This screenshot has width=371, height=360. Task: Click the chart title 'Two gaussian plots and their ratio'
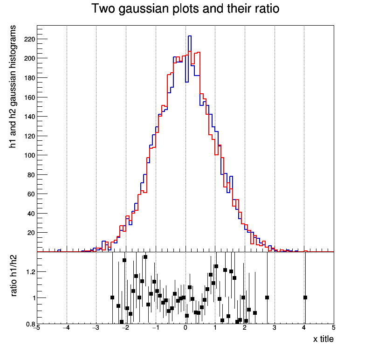click(x=185, y=9)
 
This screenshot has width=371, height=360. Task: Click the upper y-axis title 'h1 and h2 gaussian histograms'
click(x=14, y=87)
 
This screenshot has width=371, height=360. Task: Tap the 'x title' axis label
click(x=323, y=339)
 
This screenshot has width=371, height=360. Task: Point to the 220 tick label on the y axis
click(x=30, y=39)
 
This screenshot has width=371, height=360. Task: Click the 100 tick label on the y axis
click(x=30, y=155)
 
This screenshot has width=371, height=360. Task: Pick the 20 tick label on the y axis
click(x=31, y=233)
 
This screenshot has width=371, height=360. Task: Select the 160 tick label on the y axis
click(x=30, y=97)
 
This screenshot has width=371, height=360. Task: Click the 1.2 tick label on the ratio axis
click(x=30, y=271)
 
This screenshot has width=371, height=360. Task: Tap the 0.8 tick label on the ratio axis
click(x=30, y=324)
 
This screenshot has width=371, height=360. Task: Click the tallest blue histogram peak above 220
click(x=190, y=36)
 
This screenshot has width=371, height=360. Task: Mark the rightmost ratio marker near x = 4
click(x=305, y=298)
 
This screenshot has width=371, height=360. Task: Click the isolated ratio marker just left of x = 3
click(x=267, y=298)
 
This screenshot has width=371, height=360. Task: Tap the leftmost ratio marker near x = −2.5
click(x=112, y=298)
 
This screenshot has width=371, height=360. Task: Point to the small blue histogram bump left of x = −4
click(x=59, y=250)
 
